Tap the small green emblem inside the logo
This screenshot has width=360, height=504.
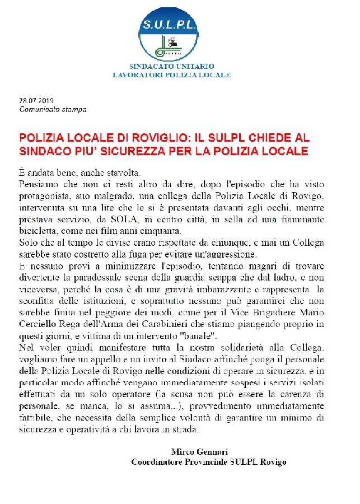click(x=171, y=46)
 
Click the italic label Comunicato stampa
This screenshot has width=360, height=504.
click(x=53, y=110)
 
